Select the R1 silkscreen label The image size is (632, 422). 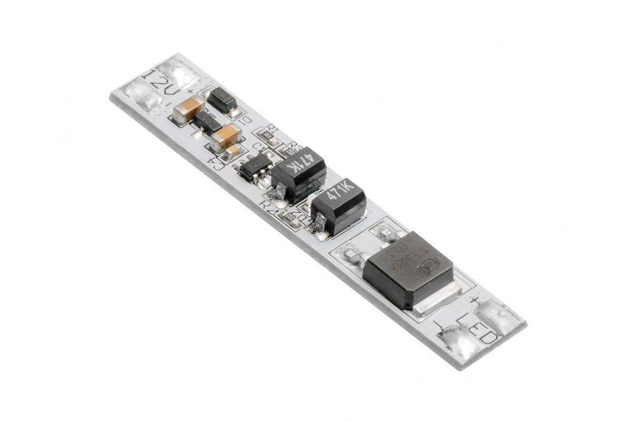point(272,128)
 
